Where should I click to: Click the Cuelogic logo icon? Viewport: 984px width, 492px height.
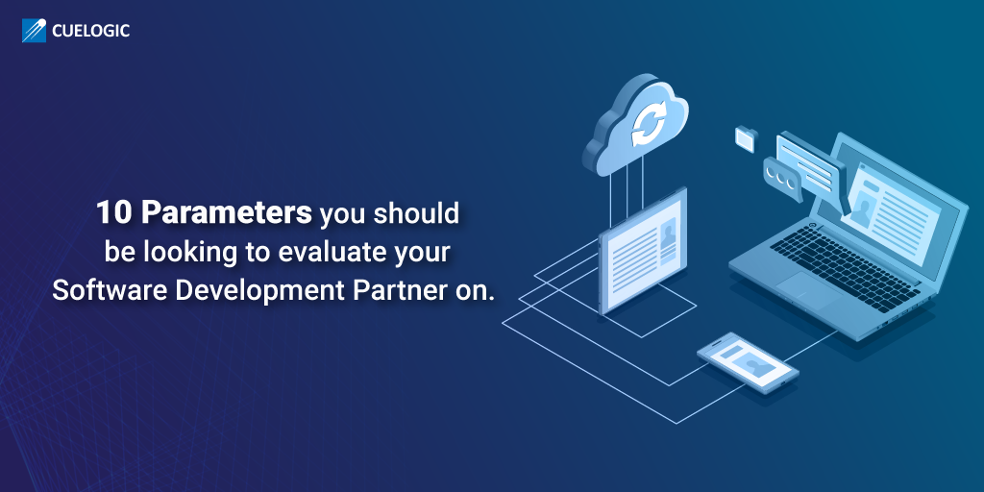click(34, 31)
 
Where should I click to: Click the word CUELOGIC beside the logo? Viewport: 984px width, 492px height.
click(91, 31)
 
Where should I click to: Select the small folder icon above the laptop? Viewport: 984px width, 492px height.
click(746, 138)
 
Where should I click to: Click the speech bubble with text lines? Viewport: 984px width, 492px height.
click(810, 162)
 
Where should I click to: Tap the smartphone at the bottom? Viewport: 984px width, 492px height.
click(748, 362)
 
